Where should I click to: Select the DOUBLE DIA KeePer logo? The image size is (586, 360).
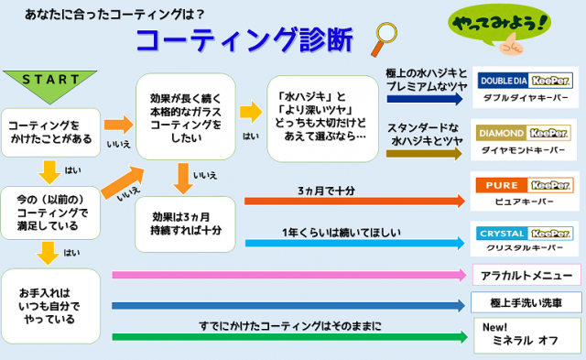pyautogui.click(x=525, y=81)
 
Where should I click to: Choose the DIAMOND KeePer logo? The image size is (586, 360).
pyautogui.click(x=524, y=133)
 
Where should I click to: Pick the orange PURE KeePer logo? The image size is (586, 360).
pyautogui.click(x=525, y=185)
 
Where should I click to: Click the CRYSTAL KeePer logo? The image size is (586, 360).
pyautogui.click(x=525, y=234)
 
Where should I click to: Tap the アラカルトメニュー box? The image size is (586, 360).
pyautogui.click(x=526, y=275)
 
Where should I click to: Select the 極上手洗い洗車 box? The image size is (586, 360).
pyautogui.click(x=526, y=302)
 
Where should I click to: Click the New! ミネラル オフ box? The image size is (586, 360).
pyautogui.click(x=527, y=335)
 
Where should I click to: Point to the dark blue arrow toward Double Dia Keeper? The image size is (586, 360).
pyautogui.click(x=425, y=99)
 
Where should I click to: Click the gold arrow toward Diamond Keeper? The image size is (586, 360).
pyautogui.click(x=424, y=153)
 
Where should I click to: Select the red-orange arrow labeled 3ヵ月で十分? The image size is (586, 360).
pyautogui.click(x=354, y=201)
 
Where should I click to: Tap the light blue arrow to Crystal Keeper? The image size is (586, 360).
pyautogui.click(x=355, y=243)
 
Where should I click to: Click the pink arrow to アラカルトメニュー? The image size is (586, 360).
pyautogui.click(x=289, y=275)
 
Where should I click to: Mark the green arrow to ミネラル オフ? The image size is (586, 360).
pyautogui.click(x=289, y=337)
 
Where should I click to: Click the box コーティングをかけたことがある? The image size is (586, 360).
pyautogui.click(x=51, y=133)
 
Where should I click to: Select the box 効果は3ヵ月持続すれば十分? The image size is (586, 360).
pyautogui.click(x=185, y=224)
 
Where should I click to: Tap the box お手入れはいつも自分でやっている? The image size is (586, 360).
pyautogui.click(x=51, y=306)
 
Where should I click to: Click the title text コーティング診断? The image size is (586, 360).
pyautogui.click(x=244, y=39)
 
